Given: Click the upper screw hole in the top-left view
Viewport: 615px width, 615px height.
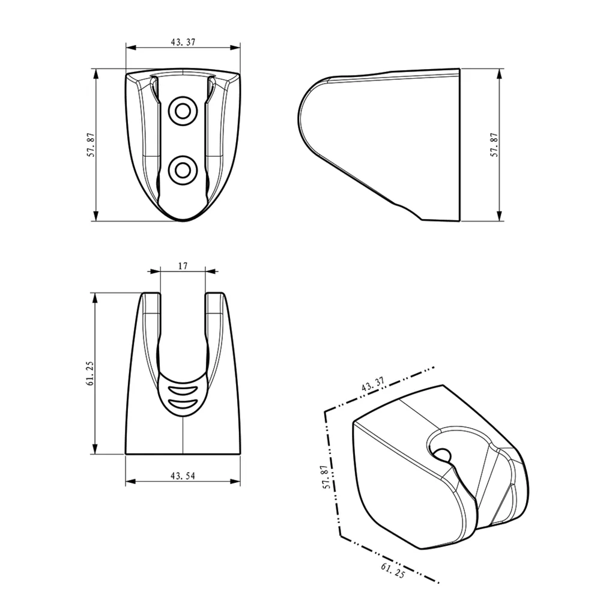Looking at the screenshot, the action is point(183,111).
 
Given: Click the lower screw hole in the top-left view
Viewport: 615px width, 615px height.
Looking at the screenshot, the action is point(183,170).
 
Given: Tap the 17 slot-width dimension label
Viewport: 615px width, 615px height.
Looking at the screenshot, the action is point(183,266).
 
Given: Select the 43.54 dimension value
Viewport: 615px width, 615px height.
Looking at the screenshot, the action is point(183,476).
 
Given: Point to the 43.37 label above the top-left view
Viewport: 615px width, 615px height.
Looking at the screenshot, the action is point(183,42).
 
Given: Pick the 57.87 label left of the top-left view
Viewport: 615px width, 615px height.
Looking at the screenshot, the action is point(91,145).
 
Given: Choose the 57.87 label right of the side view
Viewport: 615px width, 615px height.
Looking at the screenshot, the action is point(494,145).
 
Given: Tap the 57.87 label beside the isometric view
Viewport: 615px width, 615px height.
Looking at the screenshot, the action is point(326,477).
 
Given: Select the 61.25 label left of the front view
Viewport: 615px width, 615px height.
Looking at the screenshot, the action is point(90,374).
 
